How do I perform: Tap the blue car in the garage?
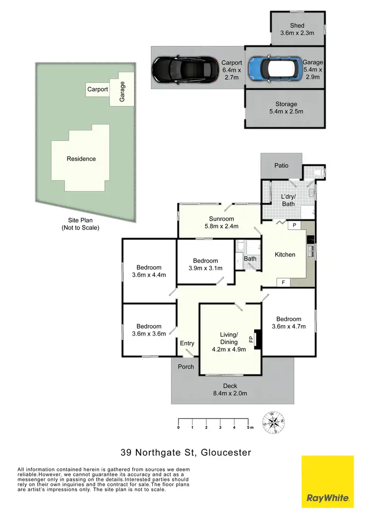click(271, 69)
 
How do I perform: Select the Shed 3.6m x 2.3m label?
click(297, 29)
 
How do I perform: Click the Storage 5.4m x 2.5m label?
click(286, 108)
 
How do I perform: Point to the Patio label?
click(281, 166)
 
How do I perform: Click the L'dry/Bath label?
click(288, 200)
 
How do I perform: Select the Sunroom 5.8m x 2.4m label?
click(221, 222)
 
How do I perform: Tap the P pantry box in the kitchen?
click(294, 225)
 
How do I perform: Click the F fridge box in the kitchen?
click(283, 282)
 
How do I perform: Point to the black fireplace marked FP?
click(257, 340)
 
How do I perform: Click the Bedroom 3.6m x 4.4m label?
click(149, 271)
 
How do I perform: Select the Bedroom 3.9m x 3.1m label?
click(205, 264)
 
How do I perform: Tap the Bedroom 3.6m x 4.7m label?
click(289, 322)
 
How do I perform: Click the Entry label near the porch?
click(187, 343)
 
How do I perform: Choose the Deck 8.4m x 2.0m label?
click(230, 389)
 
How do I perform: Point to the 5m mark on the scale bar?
click(248, 427)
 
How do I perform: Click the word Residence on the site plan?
click(81, 159)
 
